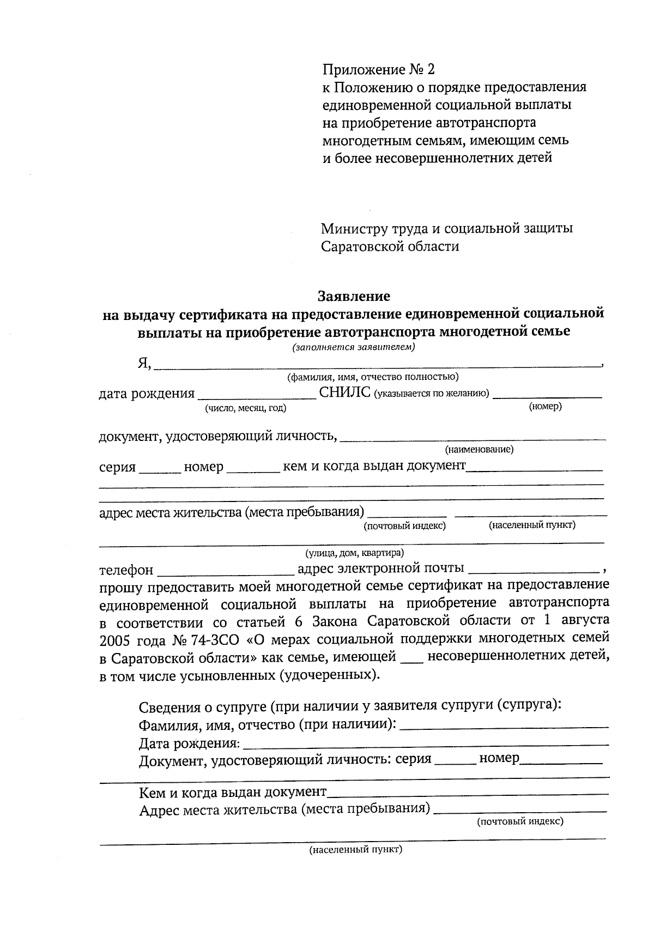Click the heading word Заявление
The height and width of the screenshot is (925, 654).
354,297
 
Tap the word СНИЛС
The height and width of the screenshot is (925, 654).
345,393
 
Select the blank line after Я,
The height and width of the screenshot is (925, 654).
376,366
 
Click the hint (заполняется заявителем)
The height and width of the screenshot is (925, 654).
354,347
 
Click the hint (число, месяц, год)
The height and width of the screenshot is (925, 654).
245,408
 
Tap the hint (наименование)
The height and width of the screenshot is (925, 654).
479,450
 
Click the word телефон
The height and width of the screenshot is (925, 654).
126,570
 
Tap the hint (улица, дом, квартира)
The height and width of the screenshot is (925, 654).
354,553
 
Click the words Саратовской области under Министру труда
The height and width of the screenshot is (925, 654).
390,246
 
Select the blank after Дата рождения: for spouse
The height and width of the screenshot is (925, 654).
425,744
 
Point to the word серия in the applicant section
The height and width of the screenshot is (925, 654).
117,467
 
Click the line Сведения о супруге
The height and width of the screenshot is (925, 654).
350,707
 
